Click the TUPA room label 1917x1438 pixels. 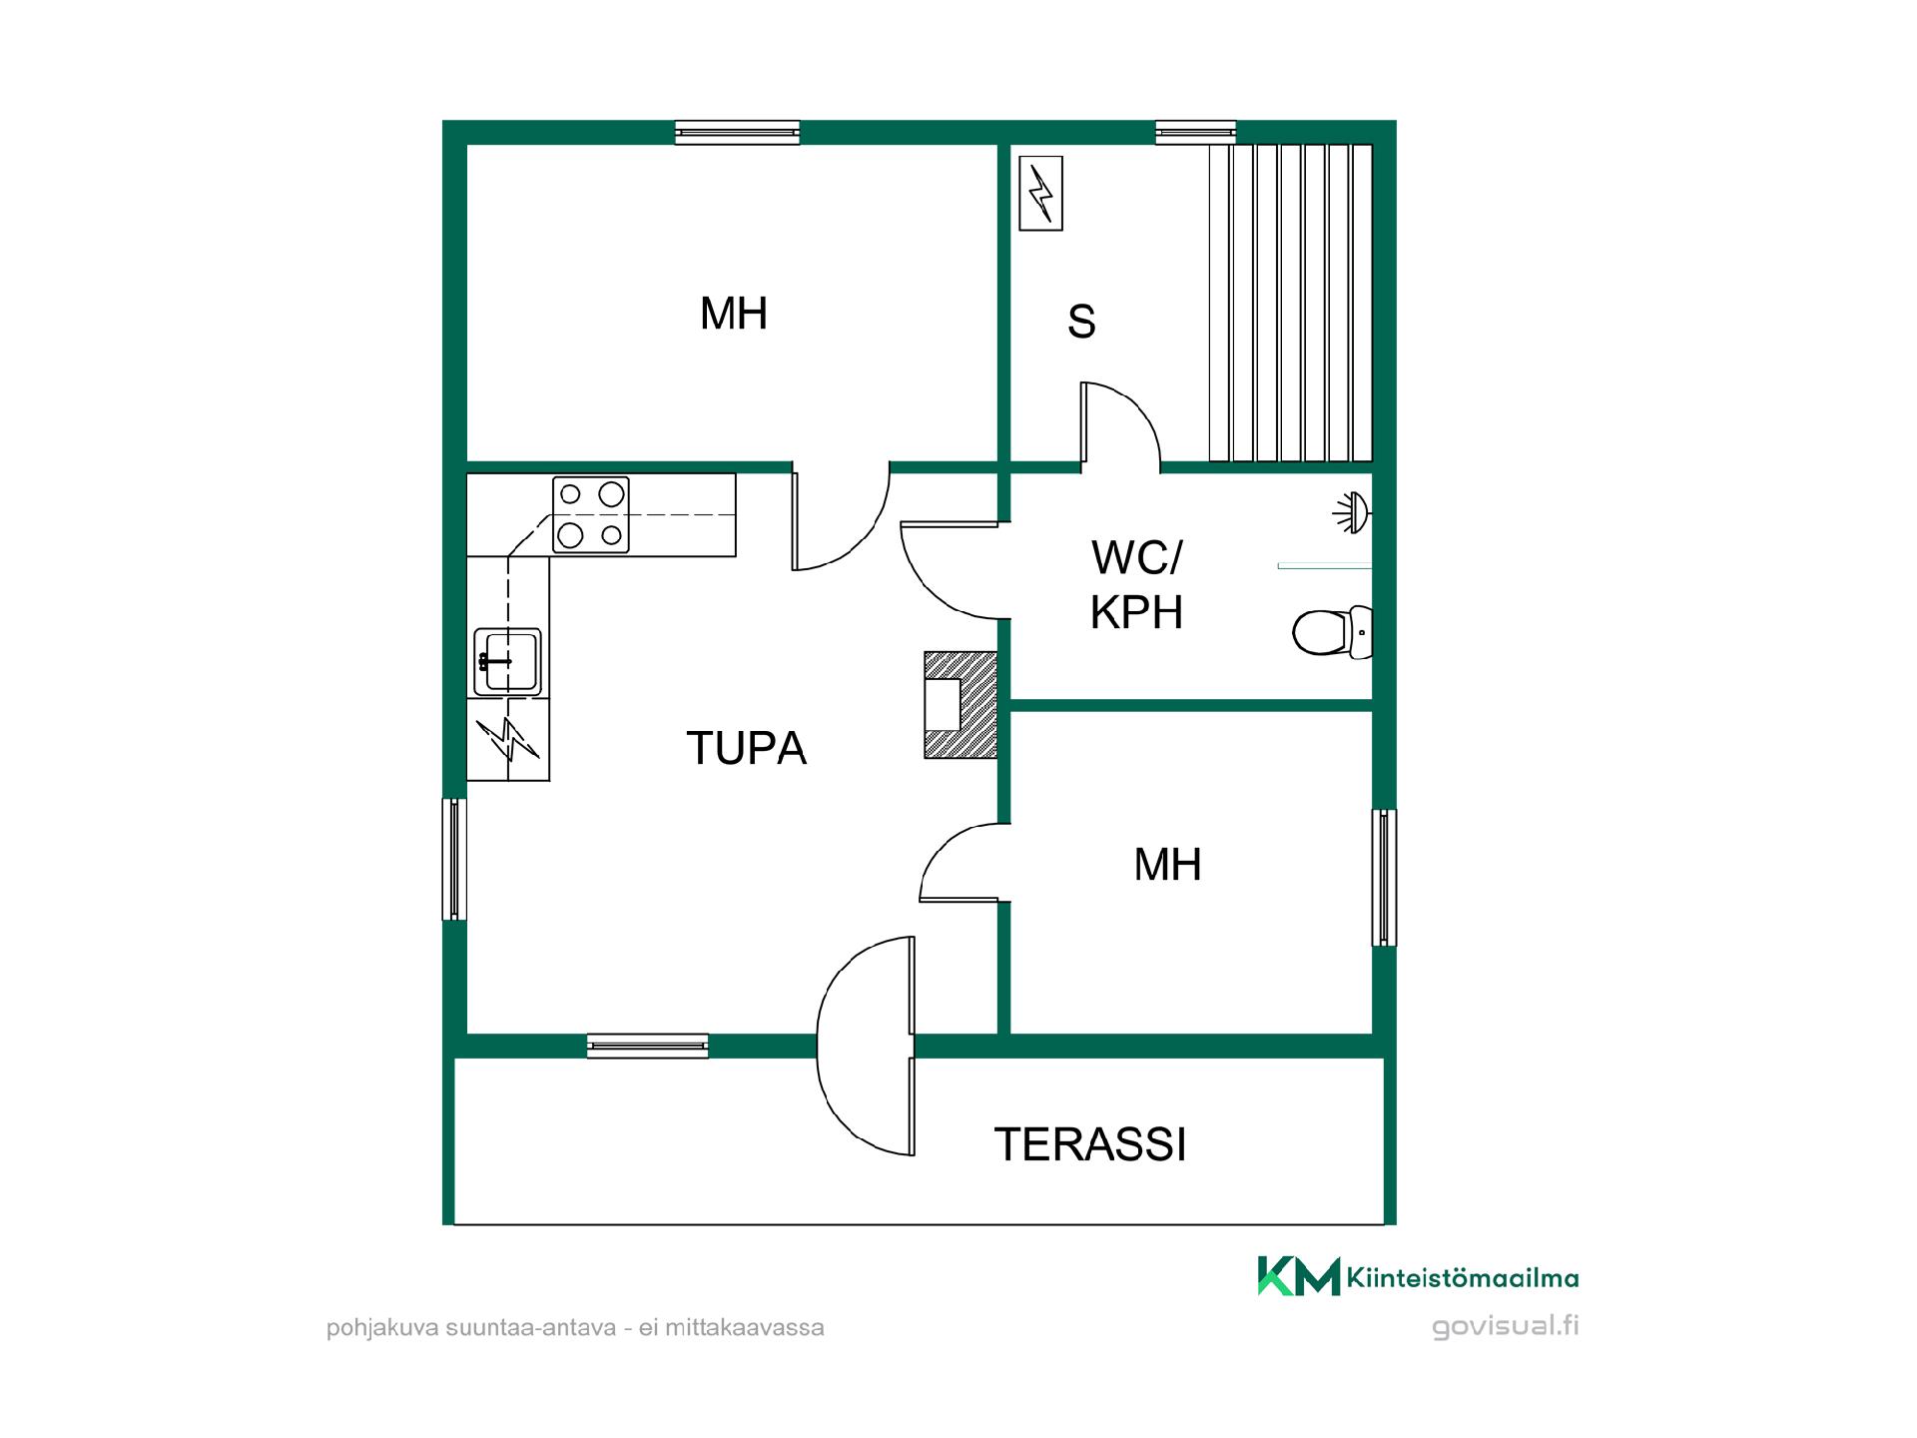(746, 748)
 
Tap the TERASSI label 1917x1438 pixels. (1090, 1144)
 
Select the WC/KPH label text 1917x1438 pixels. (1136, 585)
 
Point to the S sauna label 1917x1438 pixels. (1081, 322)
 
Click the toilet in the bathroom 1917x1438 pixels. (1333, 631)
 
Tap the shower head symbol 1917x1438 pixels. (1352, 512)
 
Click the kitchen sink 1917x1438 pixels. (507, 661)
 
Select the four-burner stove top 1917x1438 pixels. (591, 514)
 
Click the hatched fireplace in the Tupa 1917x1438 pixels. (960, 705)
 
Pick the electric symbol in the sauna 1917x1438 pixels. (1040, 193)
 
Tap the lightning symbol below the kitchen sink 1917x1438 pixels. (508, 739)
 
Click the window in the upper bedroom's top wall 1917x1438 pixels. (738, 132)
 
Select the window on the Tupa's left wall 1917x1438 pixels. (454, 859)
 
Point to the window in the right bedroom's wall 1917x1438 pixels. (1384, 878)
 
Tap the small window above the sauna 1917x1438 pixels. (1196, 132)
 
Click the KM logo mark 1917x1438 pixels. (1298, 1276)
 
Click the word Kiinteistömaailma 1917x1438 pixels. (1463, 1278)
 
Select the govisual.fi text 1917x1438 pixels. (1506, 1327)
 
